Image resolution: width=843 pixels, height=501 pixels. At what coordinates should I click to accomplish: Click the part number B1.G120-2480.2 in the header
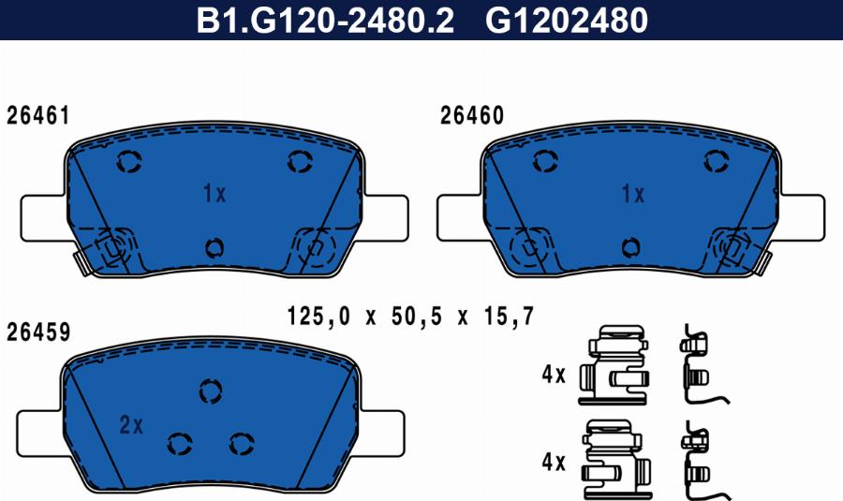pyautogui.click(x=324, y=21)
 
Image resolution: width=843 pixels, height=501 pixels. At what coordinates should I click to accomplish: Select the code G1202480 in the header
pyautogui.click(x=567, y=21)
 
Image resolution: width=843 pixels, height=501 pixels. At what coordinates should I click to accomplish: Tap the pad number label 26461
pyautogui.click(x=37, y=116)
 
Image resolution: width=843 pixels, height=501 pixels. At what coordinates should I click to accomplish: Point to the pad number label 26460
pyautogui.click(x=472, y=116)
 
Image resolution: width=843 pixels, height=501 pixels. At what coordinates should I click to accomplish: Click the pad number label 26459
pyautogui.click(x=37, y=332)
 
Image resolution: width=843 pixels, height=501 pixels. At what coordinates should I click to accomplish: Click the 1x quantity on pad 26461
pyautogui.click(x=214, y=195)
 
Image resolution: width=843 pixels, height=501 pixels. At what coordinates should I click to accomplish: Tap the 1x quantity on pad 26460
pyautogui.click(x=633, y=195)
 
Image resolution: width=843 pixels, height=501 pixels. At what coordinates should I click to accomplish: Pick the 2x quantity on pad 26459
pyautogui.click(x=131, y=425)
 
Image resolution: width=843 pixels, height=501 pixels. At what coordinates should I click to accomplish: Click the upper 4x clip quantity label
pyautogui.click(x=554, y=376)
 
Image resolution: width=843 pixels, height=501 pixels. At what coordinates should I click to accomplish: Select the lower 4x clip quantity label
pyautogui.click(x=554, y=462)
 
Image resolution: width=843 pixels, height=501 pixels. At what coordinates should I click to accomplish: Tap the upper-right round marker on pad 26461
pyautogui.click(x=299, y=162)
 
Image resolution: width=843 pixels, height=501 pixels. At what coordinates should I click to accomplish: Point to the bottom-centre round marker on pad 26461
pyautogui.click(x=214, y=247)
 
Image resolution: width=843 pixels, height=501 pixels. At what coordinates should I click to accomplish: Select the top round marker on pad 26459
pyautogui.click(x=211, y=390)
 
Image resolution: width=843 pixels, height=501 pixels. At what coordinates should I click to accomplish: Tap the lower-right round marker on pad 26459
pyautogui.click(x=242, y=443)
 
